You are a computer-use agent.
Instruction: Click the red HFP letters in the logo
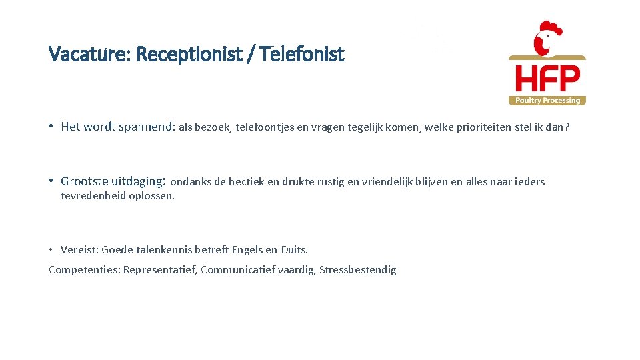[547, 79]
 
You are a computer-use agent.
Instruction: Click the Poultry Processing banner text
[547, 101]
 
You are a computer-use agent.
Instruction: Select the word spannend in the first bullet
[146, 126]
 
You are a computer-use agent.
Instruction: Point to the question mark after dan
[567, 127]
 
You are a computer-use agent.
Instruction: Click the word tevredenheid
[93, 196]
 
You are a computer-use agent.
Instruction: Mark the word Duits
[294, 250]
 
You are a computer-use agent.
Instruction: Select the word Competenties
[84, 270]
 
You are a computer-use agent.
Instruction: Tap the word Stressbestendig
[358, 270]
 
